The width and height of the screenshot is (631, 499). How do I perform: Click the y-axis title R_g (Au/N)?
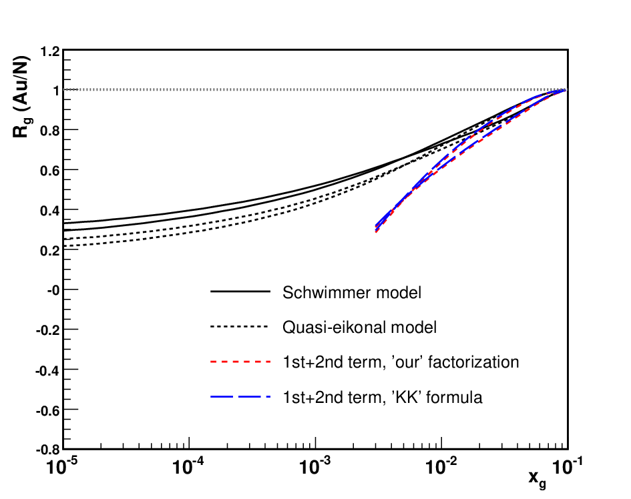coord(22,97)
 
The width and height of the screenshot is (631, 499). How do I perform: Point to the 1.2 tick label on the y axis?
coord(50,51)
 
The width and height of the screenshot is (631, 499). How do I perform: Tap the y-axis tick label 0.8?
coord(50,130)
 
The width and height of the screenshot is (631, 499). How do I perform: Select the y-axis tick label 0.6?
coord(50,171)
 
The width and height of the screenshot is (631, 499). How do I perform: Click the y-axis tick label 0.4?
coord(50,210)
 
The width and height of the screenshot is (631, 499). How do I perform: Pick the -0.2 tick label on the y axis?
coord(48,330)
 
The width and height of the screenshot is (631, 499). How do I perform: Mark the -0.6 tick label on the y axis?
coord(48,410)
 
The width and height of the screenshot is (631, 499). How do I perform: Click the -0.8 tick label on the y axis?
coord(48,450)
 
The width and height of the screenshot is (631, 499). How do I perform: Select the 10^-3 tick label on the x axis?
coord(314,466)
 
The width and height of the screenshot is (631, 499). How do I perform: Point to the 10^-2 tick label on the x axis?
coord(441,466)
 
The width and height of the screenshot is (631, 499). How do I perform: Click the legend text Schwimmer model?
coord(352,292)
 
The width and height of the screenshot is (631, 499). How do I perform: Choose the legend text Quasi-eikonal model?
coord(359,328)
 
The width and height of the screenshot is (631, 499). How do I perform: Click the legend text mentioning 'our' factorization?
coord(401,362)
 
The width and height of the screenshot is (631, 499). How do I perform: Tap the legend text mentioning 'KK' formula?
coord(383,398)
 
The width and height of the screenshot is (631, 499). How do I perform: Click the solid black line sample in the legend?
coord(240,291)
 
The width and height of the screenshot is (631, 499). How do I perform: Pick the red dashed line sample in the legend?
coord(240,362)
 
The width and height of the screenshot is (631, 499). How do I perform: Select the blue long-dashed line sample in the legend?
coord(240,397)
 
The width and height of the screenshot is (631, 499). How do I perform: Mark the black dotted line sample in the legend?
coord(239,326)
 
